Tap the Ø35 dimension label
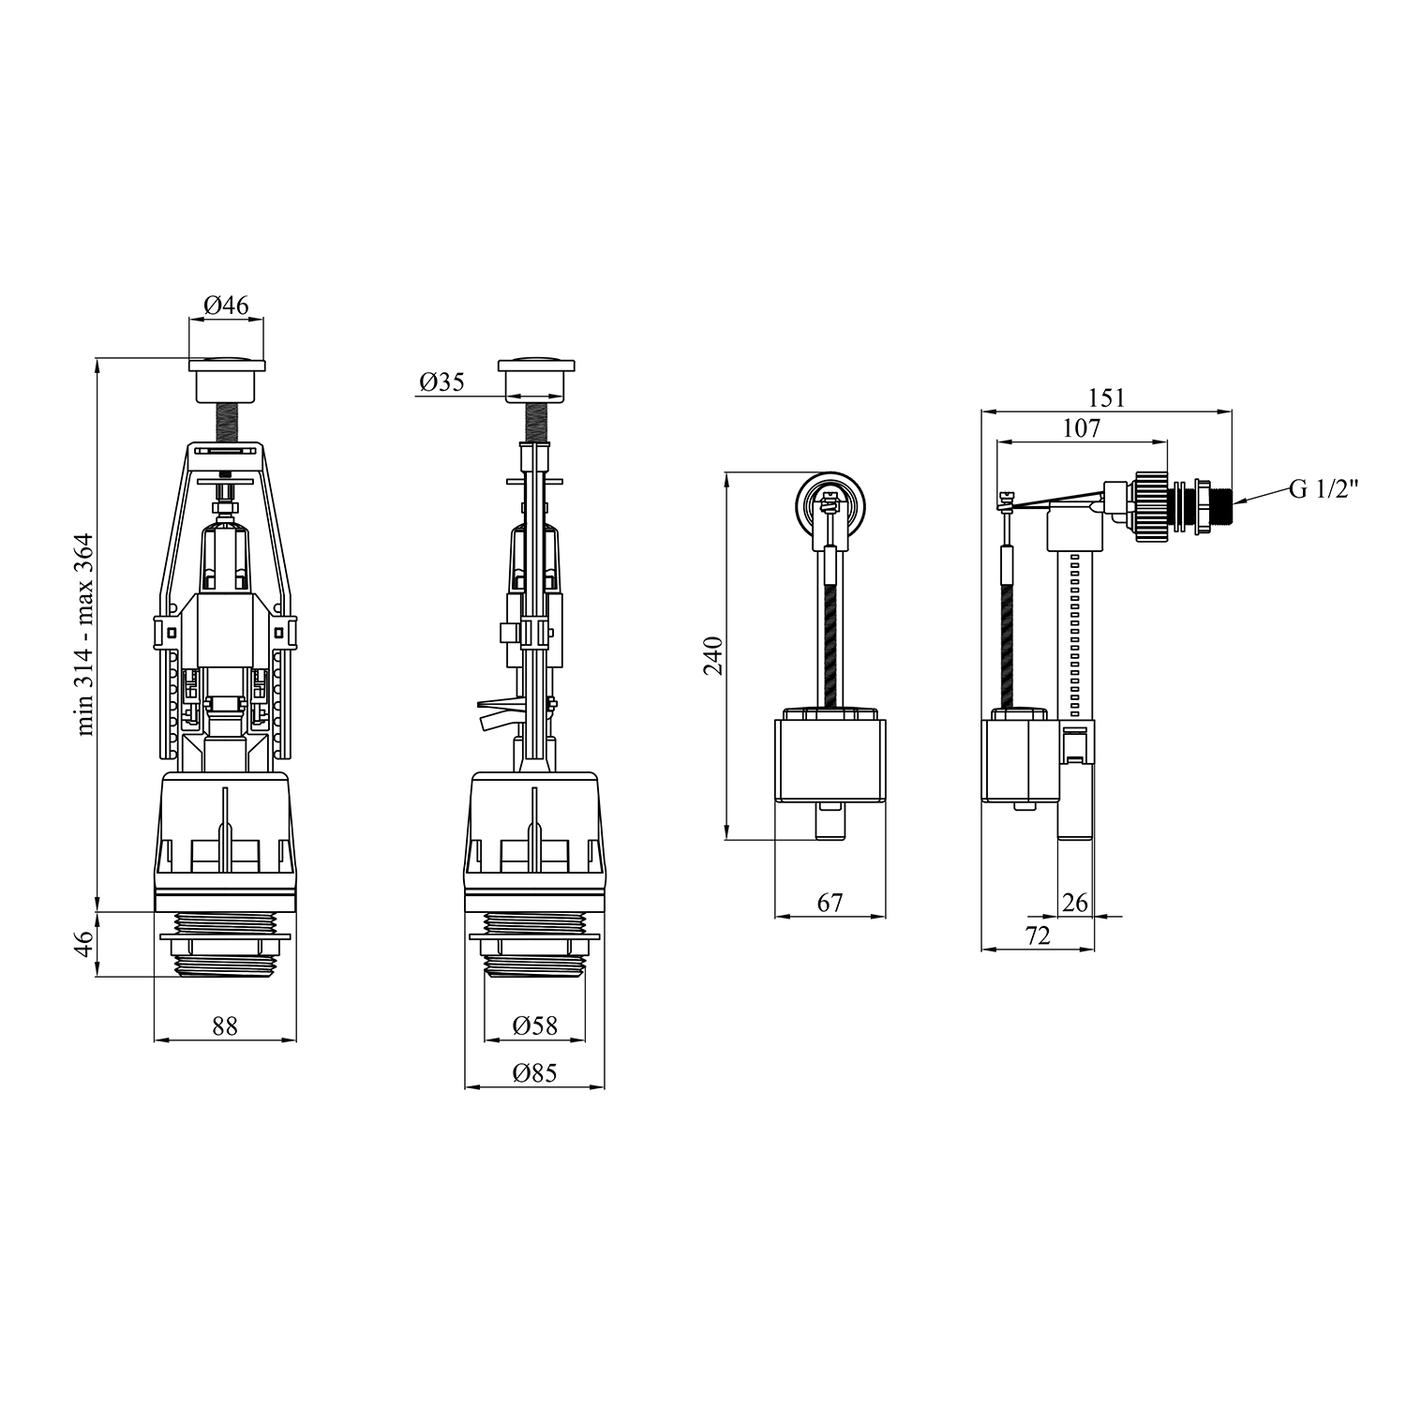442,382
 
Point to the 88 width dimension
225,1026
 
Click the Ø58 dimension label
535,1026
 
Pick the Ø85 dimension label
535,1073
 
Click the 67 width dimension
830,903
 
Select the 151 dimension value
1106,397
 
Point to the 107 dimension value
1082,428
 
